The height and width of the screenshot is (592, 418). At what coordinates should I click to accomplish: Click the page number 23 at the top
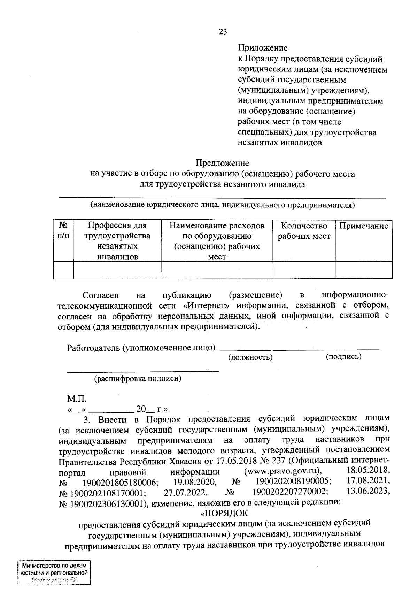pos(223,32)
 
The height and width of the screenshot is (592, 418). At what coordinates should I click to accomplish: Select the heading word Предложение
pos(222,163)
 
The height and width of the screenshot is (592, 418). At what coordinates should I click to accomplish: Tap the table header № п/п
pos(63,231)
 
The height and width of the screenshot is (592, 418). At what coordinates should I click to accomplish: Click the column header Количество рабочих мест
pos(304,231)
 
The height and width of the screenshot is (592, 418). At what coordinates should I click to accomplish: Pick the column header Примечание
pos(364,226)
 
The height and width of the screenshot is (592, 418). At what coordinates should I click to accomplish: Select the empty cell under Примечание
pos(364,270)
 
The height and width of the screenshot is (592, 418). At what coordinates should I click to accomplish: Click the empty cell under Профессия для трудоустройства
pos(117,270)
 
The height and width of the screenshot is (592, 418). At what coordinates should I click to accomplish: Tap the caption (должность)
pos(250,357)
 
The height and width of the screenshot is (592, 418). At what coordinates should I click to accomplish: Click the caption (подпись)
pos(343,357)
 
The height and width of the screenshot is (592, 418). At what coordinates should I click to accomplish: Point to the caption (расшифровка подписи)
pos(138,379)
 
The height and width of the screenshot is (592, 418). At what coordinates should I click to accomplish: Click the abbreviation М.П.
pos(77,399)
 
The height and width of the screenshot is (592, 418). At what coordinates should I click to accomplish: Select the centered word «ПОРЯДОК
pos(224,513)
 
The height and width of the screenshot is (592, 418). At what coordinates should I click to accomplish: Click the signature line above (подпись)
pos(326,349)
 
